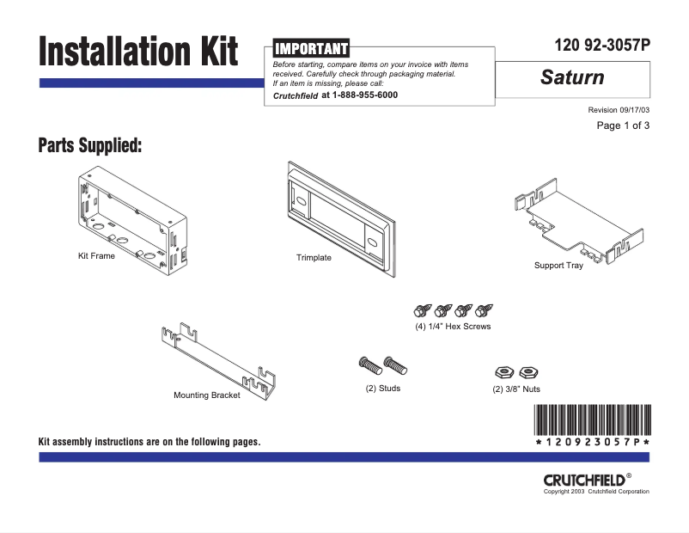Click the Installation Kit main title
137,52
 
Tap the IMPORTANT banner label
310,49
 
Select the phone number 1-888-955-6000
359,95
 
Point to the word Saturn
572,77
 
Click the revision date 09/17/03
632,110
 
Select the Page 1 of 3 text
623,126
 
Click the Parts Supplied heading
90,145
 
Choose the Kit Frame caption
96,256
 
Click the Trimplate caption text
314,258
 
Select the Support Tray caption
558,266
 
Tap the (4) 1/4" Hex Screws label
452,327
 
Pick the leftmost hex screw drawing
423,309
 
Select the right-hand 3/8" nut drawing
528,372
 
